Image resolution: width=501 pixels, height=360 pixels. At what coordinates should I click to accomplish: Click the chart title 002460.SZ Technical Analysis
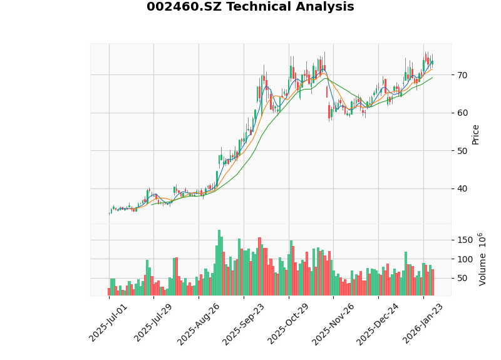coord(250,7)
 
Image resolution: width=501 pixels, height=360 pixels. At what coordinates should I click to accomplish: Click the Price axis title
coord(476,134)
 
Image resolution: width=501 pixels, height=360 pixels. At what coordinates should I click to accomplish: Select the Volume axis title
coord(482,259)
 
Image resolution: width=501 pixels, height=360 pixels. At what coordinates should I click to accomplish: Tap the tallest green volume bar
coord(219,263)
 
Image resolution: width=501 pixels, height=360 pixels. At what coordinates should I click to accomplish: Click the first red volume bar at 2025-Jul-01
coord(109,292)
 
